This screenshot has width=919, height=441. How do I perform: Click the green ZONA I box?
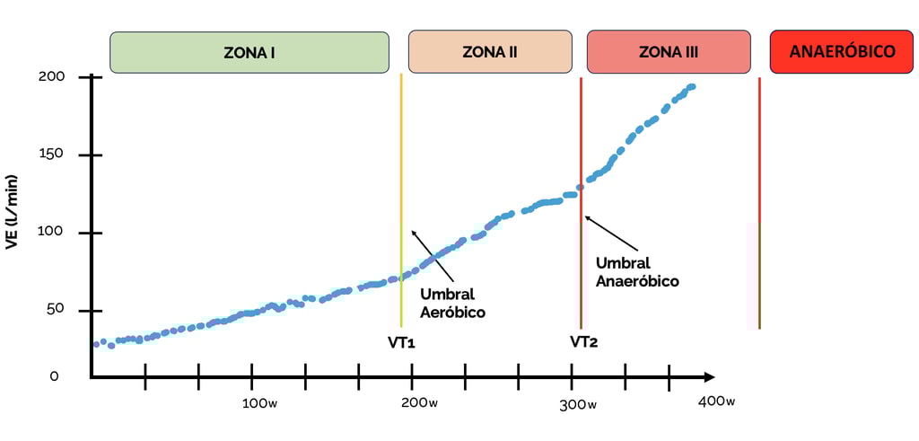point(249,52)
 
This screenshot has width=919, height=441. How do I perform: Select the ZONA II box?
point(489,52)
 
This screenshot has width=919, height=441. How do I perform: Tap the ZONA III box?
point(668,52)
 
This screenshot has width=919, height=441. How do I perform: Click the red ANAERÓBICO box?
point(842,52)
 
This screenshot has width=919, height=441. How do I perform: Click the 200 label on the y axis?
point(51,77)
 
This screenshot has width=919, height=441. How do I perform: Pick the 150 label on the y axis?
point(51,154)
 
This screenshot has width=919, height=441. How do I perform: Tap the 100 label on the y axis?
point(51,233)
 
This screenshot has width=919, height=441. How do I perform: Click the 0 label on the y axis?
point(54,376)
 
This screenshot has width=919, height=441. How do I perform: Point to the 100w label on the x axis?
point(259,402)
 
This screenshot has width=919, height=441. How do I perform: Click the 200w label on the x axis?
point(420,402)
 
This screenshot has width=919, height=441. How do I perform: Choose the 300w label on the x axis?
point(579,403)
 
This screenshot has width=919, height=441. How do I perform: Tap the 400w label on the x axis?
point(716,401)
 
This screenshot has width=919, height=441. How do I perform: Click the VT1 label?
point(401,342)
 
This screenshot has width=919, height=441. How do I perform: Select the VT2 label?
point(583,342)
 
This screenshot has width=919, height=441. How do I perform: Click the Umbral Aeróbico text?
point(452,304)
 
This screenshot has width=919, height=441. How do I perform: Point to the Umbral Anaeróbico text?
point(636,272)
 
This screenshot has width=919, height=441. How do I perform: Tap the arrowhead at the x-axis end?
point(708,376)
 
